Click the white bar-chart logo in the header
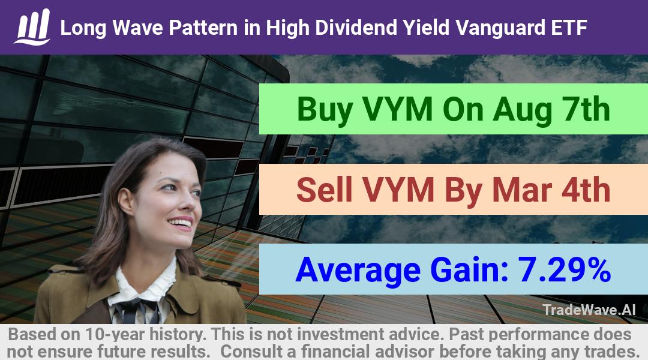point(32,27)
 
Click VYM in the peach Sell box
point(398,190)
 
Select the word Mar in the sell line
point(521,190)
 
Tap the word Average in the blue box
point(358,270)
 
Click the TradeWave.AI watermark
point(589,310)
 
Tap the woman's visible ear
point(125,200)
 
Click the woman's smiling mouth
point(181,223)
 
